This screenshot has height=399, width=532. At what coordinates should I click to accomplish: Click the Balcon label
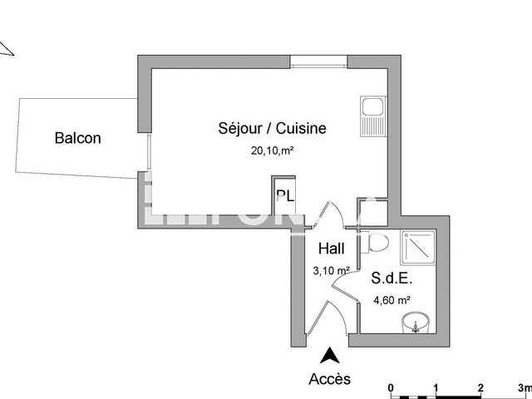[x=77, y=138]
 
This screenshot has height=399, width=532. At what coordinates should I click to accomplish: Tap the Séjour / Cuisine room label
[x=272, y=128]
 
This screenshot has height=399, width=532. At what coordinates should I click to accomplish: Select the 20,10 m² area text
[x=273, y=150]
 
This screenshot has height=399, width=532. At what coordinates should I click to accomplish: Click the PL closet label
[x=284, y=197]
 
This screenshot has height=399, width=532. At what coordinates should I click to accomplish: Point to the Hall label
[x=332, y=248]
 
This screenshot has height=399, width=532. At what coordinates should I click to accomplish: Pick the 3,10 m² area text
[x=330, y=270]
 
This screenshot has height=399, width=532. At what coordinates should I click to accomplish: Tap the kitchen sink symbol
[x=372, y=116]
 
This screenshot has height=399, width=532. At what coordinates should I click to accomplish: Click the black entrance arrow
[x=330, y=356]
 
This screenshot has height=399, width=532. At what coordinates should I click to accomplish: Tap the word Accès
[x=330, y=379]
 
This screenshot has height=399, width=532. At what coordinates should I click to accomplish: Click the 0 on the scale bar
[x=391, y=387]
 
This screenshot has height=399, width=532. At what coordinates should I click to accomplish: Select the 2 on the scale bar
[x=480, y=387]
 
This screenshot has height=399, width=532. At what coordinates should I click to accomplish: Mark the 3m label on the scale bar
[x=523, y=387]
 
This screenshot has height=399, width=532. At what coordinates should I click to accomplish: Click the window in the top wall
[x=318, y=61]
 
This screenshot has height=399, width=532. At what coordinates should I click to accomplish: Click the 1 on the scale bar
[x=436, y=387]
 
